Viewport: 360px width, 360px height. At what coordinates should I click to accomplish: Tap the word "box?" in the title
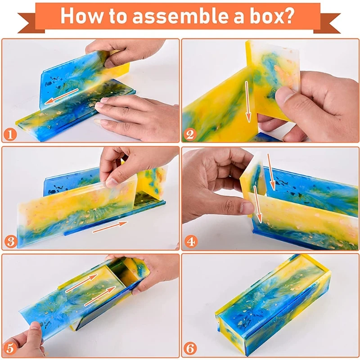pyautogui.click(x=272, y=16)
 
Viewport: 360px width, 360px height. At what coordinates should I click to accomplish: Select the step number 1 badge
pyautogui.click(x=10, y=135)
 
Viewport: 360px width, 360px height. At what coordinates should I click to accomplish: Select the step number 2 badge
pyautogui.click(x=190, y=135)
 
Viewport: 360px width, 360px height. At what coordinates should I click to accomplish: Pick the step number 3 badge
pyautogui.click(x=11, y=242)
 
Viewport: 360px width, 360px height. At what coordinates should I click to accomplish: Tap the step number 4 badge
pyautogui.click(x=191, y=242)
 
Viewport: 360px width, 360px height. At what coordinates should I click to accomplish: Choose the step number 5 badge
pyautogui.click(x=10, y=348)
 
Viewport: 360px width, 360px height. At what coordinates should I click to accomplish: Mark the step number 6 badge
pyautogui.click(x=190, y=348)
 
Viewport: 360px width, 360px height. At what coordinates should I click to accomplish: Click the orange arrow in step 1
pyautogui.click(x=61, y=96)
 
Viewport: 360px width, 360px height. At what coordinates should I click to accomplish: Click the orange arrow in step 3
pyautogui.click(x=110, y=227)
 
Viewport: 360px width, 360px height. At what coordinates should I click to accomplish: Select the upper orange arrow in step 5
pyautogui.click(x=81, y=283)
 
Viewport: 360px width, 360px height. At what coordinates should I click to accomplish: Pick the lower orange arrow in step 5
pyautogui.click(x=100, y=296)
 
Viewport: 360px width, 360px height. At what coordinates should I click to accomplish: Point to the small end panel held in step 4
pyautogui.click(x=253, y=181)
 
